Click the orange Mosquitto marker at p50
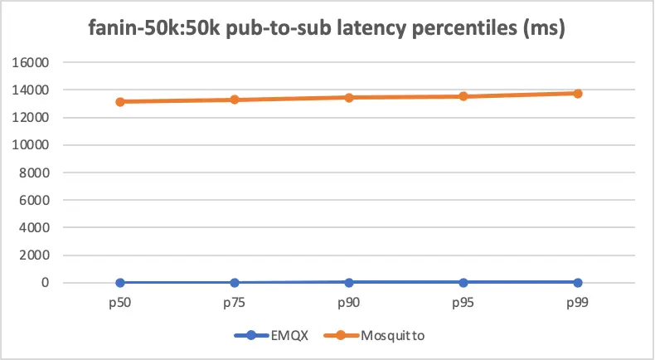tap(120, 102)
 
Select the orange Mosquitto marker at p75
tap(235, 100)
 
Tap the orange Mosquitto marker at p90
tap(349, 98)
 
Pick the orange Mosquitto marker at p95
tap(463, 96)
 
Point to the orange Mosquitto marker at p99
tap(578, 94)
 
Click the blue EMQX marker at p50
tap(120, 283)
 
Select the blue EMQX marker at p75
tap(235, 283)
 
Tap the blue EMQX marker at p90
tap(349, 283)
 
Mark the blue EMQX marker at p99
tap(578, 283)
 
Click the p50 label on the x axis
tap(120, 304)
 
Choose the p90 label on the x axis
tap(349, 304)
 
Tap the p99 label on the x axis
tap(578, 304)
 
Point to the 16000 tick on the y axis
tap(33, 62)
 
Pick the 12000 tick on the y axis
tap(33, 117)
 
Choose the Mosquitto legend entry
tap(381, 336)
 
